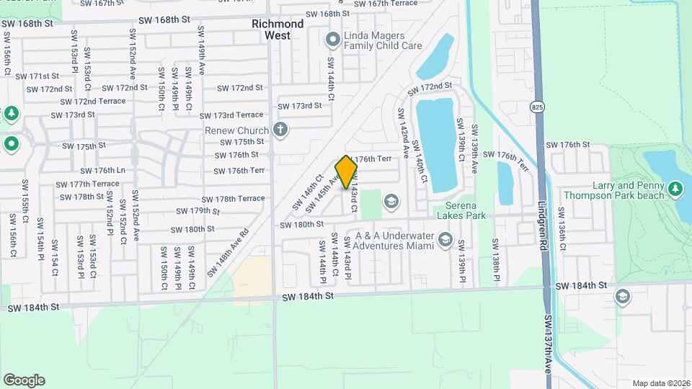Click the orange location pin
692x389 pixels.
click(347, 171)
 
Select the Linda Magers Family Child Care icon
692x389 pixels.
click(332, 39)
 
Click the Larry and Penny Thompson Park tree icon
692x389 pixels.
click(675, 189)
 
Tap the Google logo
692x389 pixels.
click(24, 380)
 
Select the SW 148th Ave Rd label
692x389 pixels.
click(228, 253)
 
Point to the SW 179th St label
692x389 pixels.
click(198, 211)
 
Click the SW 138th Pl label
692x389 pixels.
click(497, 260)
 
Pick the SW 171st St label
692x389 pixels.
click(40, 76)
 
